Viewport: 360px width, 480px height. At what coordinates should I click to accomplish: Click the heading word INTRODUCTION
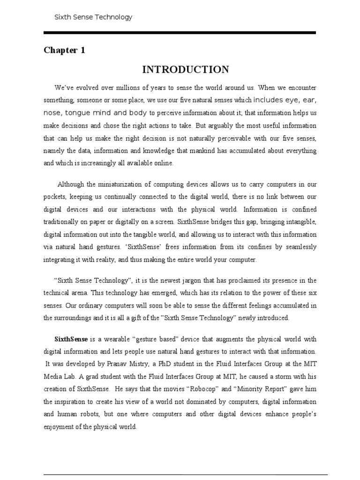click(186, 70)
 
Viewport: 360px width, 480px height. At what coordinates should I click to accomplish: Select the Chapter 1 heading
click(64, 50)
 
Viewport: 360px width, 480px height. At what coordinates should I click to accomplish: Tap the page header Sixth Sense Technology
click(93, 17)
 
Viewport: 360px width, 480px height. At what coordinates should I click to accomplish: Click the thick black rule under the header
click(180, 32)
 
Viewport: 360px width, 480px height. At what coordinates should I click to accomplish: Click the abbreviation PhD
click(172, 363)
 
